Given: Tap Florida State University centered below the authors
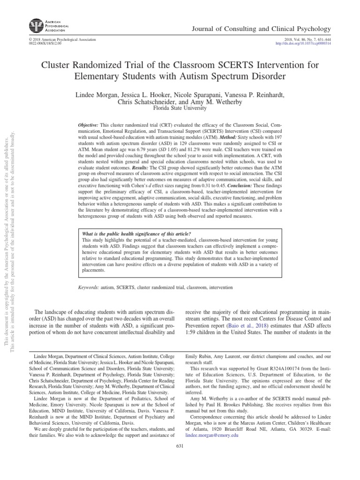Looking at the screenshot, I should coord(180,108).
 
